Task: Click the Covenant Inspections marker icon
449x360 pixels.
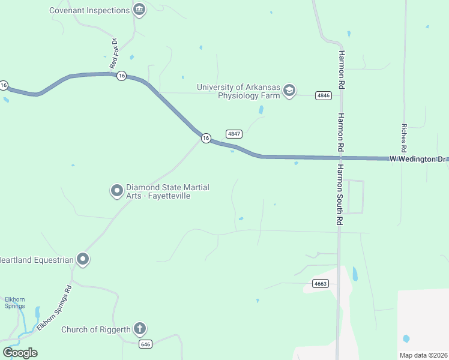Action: click(140, 10)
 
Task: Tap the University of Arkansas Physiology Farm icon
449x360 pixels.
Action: click(289, 91)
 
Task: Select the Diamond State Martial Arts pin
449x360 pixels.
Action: click(116, 191)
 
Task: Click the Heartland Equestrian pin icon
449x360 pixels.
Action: click(83, 260)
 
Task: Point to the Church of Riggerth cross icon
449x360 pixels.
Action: click(140, 329)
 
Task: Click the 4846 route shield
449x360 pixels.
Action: click(324, 95)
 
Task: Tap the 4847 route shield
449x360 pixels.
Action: click(234, 133)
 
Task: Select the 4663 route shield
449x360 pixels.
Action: click(321, 284)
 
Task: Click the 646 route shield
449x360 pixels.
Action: click(145, 344)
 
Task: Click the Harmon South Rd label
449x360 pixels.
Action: click(339, 195)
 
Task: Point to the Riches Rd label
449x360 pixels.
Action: click(404, 137)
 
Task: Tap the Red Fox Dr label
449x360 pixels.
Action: click(113, 53)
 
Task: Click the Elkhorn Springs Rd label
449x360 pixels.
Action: click(54, 308)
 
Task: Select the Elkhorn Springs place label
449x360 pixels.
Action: click(14, 302)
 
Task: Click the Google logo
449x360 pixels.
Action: click(20, 352)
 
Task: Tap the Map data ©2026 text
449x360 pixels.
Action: click(423, 355)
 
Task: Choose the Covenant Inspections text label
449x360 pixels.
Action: click(89, 10)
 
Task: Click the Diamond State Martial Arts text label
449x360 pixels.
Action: click(167, 191)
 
